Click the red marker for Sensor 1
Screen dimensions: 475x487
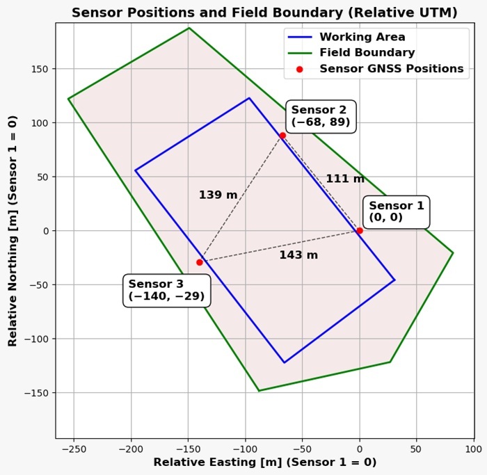click(x=359, y=230)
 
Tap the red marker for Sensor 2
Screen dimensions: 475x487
click(x=282, y=135)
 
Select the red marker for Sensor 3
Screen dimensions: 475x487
click(x=200, y=262)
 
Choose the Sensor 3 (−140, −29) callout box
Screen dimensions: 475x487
click(x=166, y=290)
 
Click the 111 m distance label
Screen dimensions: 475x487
click(x=345, y=179)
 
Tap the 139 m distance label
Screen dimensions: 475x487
click(x=218, y=195)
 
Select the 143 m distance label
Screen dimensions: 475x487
click(x=298, y=255)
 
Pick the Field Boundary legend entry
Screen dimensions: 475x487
click(x=367, y=53)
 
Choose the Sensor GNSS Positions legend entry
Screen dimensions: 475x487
click(x=391, y=69)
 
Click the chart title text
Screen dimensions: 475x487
click(x=264, y=13)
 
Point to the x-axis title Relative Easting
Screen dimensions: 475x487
click(x=264, y=462)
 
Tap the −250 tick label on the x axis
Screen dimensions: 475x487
click(x=73, y=449)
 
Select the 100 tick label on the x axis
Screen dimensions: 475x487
click(x=473, y=449)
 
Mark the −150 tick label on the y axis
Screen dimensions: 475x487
click(x=37, y=393)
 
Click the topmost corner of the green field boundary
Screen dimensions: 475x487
click(x=189, y=28)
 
